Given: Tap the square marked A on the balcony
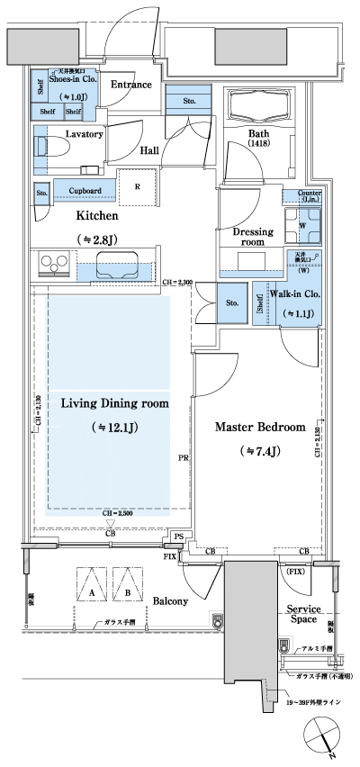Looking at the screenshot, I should pos(93,594).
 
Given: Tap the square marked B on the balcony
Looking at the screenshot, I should pos(129,594).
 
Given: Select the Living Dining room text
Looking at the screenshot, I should pos(115,402).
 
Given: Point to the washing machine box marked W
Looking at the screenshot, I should pos(301,225).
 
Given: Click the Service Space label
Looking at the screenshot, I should pos(303,615).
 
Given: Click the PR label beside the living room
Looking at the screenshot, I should pos(183,458).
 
